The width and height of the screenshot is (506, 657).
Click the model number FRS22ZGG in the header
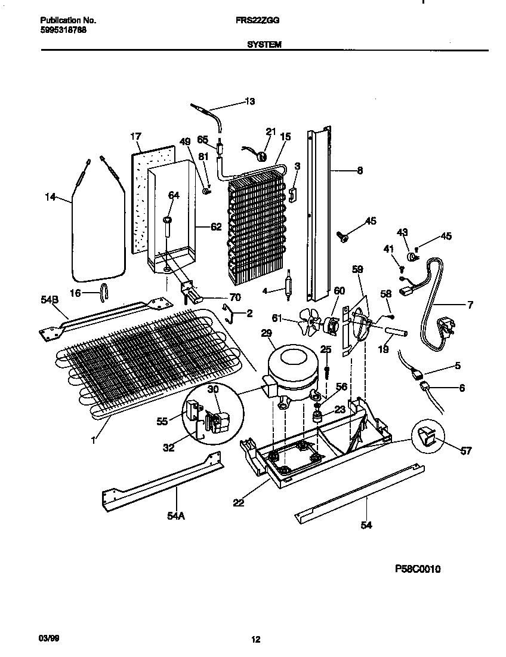(x=262, y=20)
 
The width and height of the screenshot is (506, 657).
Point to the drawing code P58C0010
(x=418, y=569)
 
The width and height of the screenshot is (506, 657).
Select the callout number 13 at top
(x=250, y=102)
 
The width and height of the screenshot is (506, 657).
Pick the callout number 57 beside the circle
(x=465, y=451)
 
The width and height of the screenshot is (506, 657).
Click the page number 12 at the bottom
(x=255, y=640)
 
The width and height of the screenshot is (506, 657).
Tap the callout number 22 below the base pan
(x=239, y=503)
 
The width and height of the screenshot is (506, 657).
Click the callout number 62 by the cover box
(x=216, y=227)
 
